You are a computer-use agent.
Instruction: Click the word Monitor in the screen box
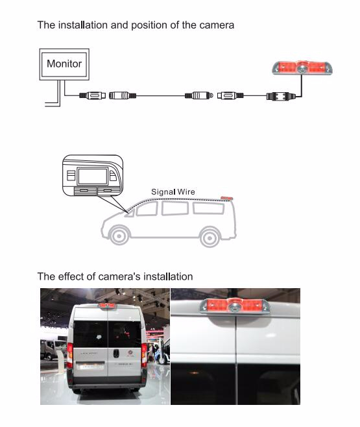64,64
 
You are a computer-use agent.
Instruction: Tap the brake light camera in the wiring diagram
302,67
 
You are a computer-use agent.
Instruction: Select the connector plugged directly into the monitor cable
92,95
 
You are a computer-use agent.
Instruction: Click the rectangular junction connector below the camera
281,96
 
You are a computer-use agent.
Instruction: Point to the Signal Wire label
173,191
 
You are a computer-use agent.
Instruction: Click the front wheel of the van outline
119,236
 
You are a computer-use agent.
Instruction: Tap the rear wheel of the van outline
210,238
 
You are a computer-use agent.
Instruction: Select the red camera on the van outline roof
226,199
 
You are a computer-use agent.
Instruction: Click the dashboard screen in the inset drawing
93,177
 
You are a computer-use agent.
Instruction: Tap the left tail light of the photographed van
70,356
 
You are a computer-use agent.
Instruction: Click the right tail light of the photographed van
144,356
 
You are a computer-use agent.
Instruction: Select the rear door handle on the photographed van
116,353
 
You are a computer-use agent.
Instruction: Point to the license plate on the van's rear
90,367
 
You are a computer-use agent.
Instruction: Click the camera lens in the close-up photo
234,308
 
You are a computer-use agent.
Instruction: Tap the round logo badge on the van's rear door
130,354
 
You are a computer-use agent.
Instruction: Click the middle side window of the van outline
175,208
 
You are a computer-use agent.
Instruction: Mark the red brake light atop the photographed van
107,306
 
